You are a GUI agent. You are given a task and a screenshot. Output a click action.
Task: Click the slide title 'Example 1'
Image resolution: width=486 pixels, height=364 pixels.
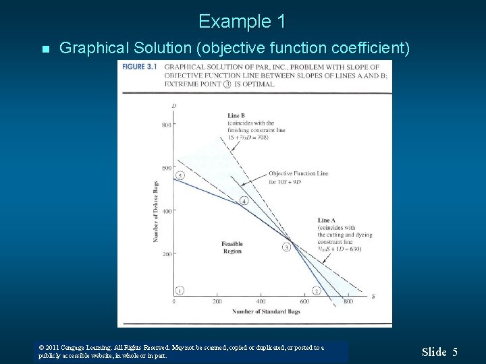(x=242, y=22)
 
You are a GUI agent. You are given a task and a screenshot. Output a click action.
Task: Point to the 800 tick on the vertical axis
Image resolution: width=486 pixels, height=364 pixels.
(x=167, y=125)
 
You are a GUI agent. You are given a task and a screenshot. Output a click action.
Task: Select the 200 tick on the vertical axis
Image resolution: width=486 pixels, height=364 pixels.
(x=167, y=254)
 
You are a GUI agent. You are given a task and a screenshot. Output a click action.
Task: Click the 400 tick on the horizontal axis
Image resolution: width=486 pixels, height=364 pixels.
(x=261, y=301)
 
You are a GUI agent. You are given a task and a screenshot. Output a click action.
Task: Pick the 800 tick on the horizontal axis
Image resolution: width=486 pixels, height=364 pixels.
(x=348, y=301)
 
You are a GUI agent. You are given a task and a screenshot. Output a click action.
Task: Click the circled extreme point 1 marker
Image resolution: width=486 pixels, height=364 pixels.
(x=180, y=291)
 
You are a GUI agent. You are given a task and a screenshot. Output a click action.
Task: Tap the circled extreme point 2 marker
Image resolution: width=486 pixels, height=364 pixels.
(x=316, y=291)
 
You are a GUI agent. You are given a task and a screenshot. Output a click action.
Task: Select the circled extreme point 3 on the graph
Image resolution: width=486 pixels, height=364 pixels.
(x=286, y=247)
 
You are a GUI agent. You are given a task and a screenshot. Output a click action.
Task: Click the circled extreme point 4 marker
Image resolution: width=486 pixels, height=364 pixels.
(x=244, y=201)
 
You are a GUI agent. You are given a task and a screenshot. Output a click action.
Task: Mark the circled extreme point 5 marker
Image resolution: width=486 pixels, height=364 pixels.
(x=180, y=175)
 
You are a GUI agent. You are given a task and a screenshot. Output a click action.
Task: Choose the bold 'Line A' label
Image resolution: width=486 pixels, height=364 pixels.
(x=326, y=220)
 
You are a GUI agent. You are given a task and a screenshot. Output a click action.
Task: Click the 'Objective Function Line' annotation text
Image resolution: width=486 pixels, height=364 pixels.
(x=298, y=173)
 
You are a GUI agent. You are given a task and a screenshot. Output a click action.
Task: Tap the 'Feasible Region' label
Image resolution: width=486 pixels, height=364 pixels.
(x=232, y=247)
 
